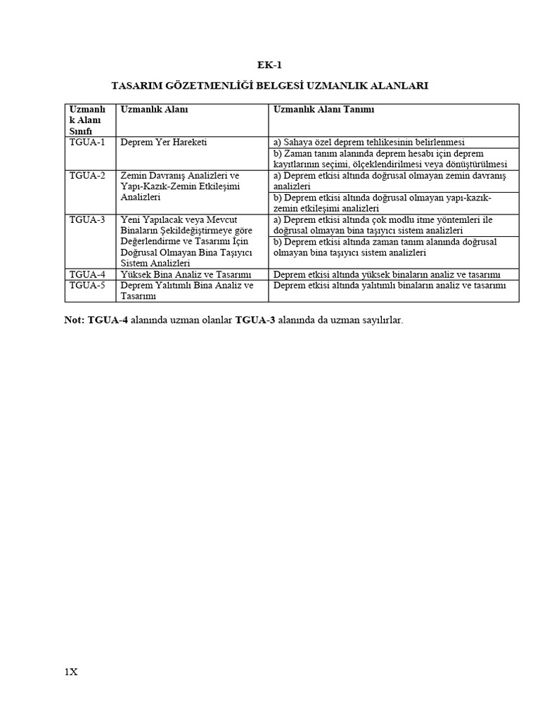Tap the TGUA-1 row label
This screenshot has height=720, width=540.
pyautogui.click(x=87, y=142)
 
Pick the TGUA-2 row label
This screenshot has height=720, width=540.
pyautogui.click(x=87, y=175)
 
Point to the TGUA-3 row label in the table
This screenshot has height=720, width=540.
pyautogui.click(x=87, y=219)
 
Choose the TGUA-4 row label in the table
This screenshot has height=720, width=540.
pyautogui.click(x=87, y=274)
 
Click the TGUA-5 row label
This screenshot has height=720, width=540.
pyautogui.click(x=87, y=285)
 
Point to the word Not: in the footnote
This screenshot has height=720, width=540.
pyautogui.click(x=74, y=321)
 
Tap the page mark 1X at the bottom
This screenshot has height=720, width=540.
pyautogui.click(x=70, y=672)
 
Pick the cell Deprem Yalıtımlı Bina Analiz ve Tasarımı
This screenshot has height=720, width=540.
pyautogui.click(x=186, y=290)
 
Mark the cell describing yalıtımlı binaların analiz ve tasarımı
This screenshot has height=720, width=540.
pyautogui.click(x=390, y=285)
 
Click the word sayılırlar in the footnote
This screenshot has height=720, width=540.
pyautogui.click(x=380, y=321)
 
